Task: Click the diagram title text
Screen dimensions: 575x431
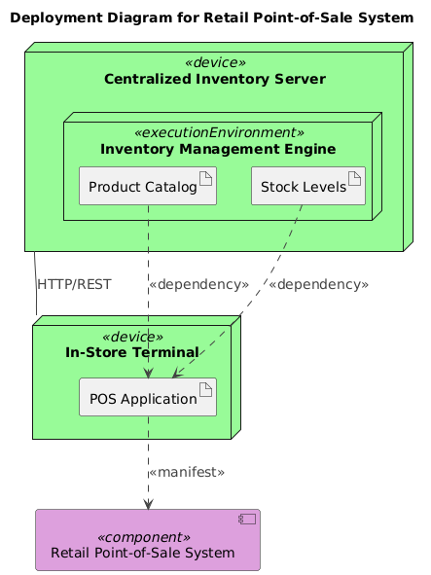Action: pyautogui.click(x=215, y=17)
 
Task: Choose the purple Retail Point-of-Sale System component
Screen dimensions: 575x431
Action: pyautogui.click(x=147, y=539)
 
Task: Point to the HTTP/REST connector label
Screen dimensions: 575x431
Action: pyautogui.click(x=73, y=285)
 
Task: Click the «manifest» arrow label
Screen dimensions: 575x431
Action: pyautogui.click(x=187, y=472)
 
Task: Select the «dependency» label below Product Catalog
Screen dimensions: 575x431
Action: pyautogui.click(x=198, y=285)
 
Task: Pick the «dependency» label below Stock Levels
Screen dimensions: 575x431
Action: pyautogui.click(x=318, y=285)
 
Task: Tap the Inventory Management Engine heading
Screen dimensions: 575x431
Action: pyautogui.click(x=218, y=149)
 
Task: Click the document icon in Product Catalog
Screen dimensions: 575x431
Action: pyautogui.click(x=205, y=177)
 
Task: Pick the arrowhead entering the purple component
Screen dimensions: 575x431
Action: pyautogui.click(x=147, y=503)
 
